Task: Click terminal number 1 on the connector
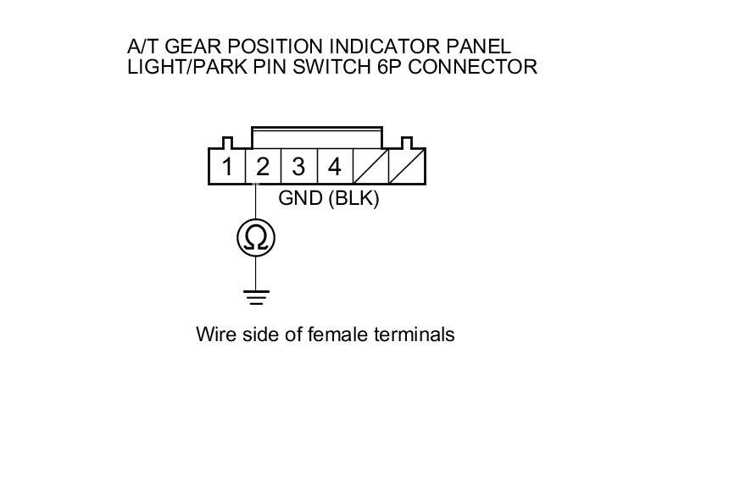click(x=226, y=167)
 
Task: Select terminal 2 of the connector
click(x=263, y=167)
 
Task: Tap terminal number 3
click(x=298, y=167)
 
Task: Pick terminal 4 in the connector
click(x=335, y=167)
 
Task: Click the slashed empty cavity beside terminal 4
click(x=370, y=167)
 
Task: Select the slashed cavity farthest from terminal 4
click(x=407, y=167)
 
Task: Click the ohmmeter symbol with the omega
click(x=255, y=239)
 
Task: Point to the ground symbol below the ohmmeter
click(x=255, y=296)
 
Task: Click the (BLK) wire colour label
click(x=353, y=199)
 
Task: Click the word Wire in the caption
click(x=215, y=334)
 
